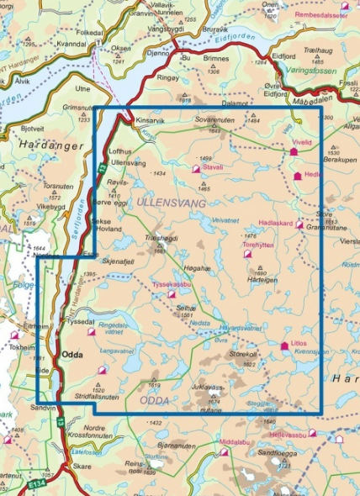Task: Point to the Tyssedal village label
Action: [x=79, y=322]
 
